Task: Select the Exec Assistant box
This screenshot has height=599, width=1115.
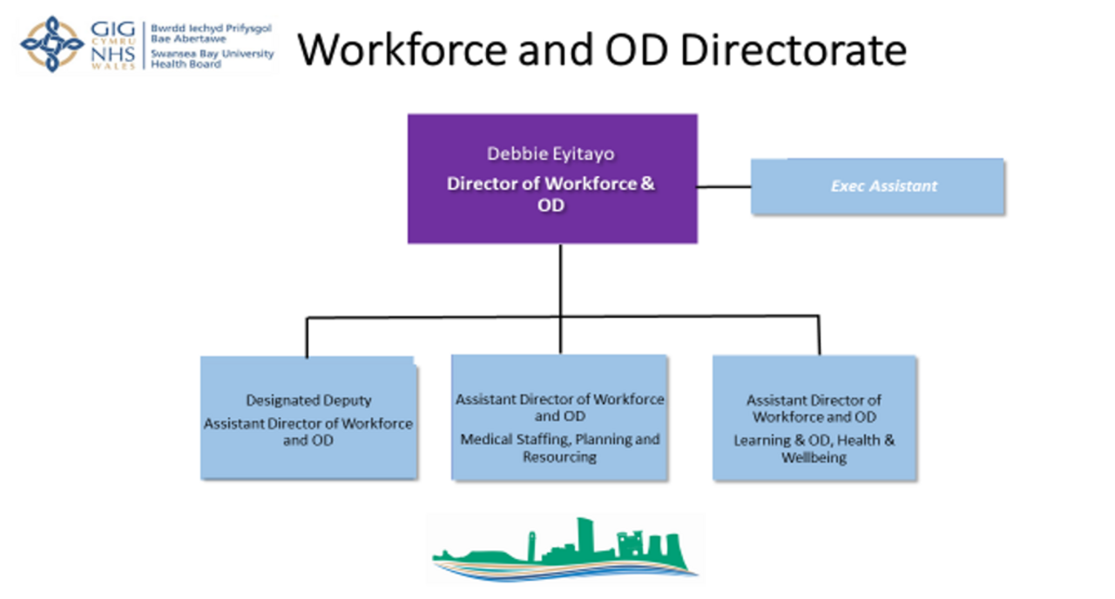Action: pos(877,185)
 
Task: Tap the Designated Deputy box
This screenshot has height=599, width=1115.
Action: pos(308,417)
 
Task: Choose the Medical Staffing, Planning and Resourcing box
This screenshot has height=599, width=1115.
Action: pos(559,417)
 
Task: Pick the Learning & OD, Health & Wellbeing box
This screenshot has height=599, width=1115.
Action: pos(814,417)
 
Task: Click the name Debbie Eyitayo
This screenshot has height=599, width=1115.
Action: pos(551,154)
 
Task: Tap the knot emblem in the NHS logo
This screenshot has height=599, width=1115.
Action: pos(52,44)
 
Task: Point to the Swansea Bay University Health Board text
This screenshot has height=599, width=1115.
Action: pos(212,58)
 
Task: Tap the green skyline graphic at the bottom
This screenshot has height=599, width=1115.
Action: pos(564,549)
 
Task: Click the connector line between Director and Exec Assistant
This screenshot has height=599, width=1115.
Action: pos(724,185)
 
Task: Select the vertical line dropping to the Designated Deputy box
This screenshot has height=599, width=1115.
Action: pos(307,336)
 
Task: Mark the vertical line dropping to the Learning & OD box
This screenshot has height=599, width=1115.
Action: pos(819,335)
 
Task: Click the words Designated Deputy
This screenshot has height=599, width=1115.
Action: pos(308,400)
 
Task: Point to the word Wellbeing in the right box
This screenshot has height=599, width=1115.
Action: pos(814,457)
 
